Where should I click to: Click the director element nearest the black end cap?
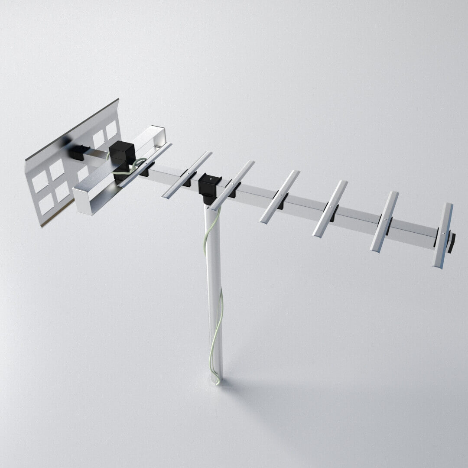point(442,235)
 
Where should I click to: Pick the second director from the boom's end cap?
point(384,221)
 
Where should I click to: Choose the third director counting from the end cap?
point(330,208)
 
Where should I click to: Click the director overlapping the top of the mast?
point(232,185)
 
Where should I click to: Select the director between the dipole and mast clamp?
point(187,175)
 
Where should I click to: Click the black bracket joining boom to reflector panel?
point(79,152)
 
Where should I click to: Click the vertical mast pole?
point(214,295)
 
